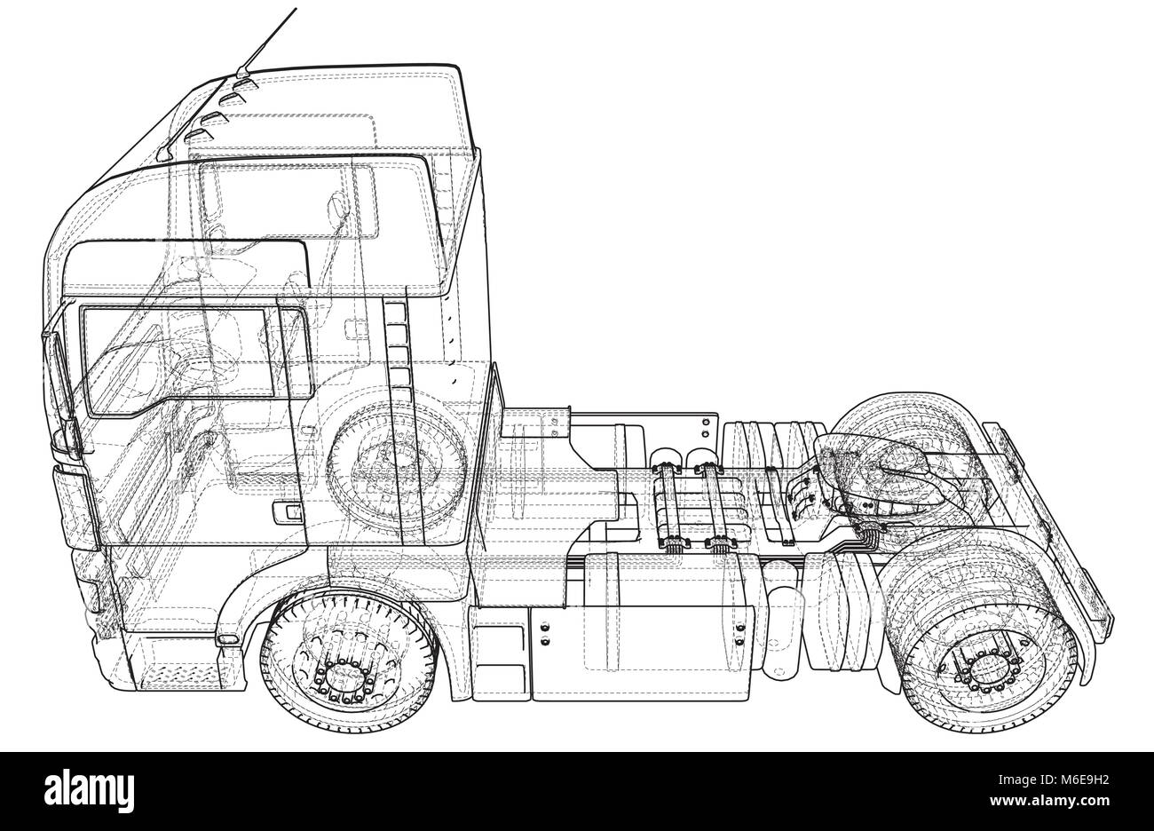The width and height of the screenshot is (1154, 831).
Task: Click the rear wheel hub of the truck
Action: coord(985,671)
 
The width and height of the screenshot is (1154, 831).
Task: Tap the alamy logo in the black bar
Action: coord(89,792)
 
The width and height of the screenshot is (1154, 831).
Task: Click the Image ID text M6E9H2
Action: coord(1054,780)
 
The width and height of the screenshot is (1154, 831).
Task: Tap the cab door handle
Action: coord(288,512)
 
